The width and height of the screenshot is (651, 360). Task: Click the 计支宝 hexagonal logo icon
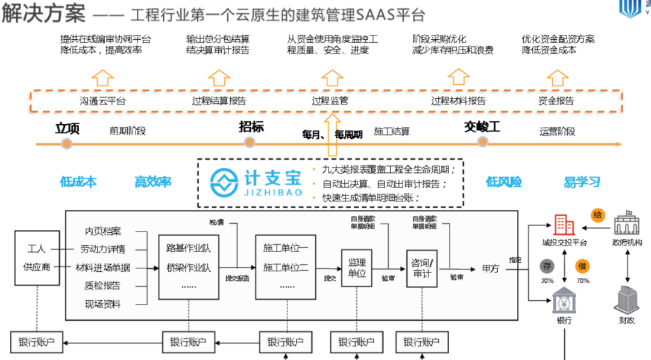pyautogui.click(x=224, y=181)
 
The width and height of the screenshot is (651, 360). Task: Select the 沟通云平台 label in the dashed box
pyautogui.click(x=103, y=101)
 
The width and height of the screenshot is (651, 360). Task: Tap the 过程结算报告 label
pyautogui.click(x=219, y=101)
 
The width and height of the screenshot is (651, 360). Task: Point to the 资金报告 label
pyautogui.click(x=556, y=101)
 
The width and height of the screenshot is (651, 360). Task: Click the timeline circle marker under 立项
pyautogui.click(x=67, y=144)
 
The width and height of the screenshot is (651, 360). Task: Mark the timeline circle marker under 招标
pyautogui.click(x=250, y=143)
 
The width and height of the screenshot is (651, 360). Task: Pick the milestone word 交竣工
pyautogui.click(x=482, y=127)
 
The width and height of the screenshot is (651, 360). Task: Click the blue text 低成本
pyautogui.click(x=78, y=182)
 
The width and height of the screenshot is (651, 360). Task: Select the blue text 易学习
pyautogui.click(x=582, y=182)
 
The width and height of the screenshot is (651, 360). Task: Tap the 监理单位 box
pyautogui.click(x=354, y=267)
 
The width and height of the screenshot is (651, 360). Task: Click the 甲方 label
pyautogui.click(x=491, y=268)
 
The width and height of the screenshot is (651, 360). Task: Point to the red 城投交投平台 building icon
pyautogui.click(x=564, y=224)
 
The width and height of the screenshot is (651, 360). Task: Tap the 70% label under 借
pyautogui.click(x=582, y=280)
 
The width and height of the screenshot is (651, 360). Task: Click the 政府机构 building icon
pyautogui.click(x=626, y=223)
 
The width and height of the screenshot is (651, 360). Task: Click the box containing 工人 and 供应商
pyautogui.click(x=37, y=258)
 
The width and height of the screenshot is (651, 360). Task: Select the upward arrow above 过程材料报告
pyautogui.click(x=458, y=77)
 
